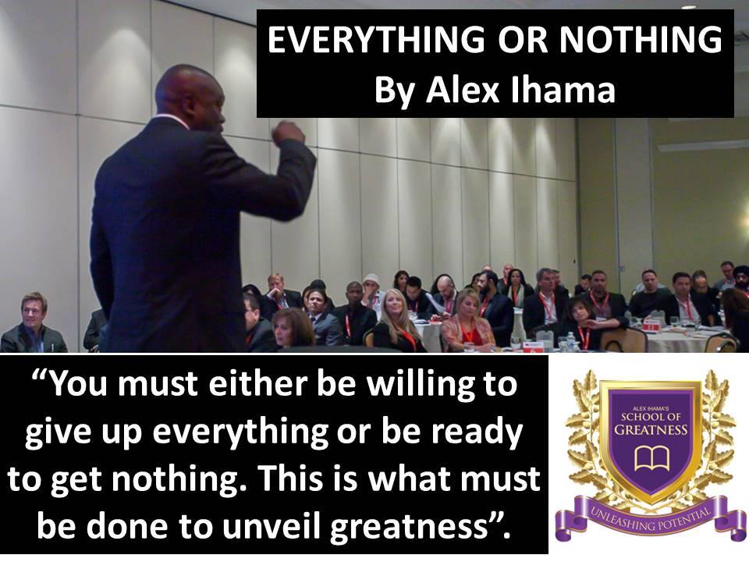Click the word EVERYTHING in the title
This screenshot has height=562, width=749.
pyautogui.click(x=376, y=40)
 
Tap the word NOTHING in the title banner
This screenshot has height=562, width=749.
pyautogui.click(x=641, y=40)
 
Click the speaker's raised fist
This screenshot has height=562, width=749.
pyautogui.click(x=288, y=132)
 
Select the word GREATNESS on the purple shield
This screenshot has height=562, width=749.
pyautogui.click(x=651, y=429)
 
